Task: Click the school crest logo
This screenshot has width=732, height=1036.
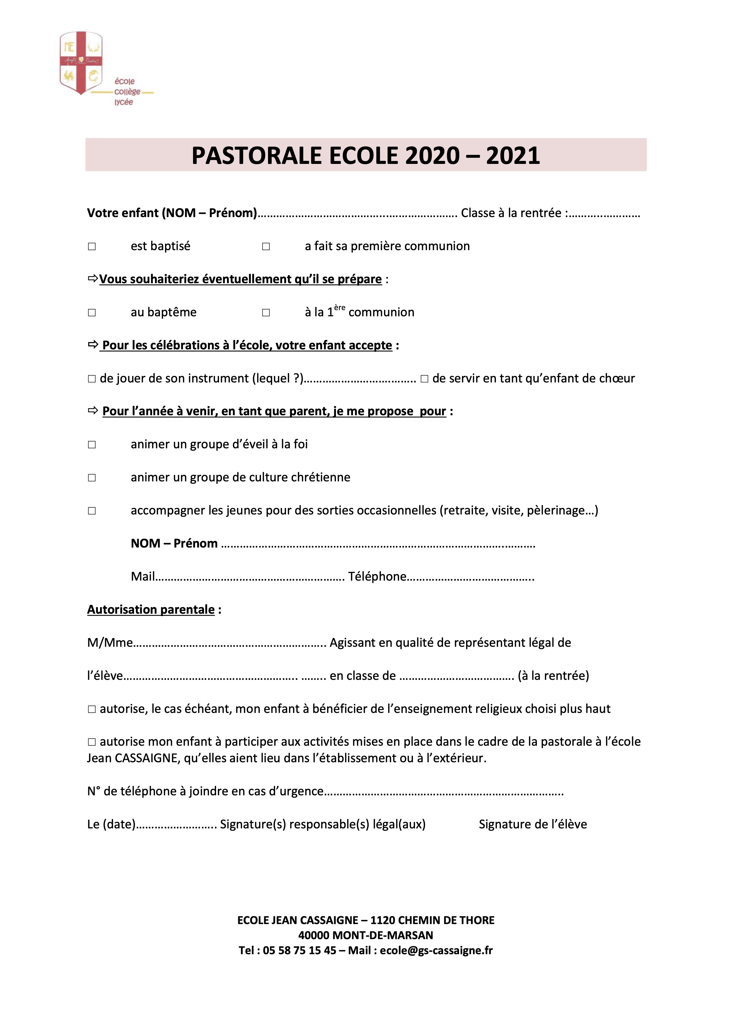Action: (x=81, y=63)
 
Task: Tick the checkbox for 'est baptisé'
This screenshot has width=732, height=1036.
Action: (x=91, y=246)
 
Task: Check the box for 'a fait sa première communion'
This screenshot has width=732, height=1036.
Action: (x=266, y=246)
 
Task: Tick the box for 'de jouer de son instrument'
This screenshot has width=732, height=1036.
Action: (x=91, y=379)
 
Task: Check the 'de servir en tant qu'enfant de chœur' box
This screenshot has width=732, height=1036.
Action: (x=424, y=379)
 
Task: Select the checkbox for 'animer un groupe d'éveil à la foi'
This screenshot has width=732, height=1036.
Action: (x=91, y=445)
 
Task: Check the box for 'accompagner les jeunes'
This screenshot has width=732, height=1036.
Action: (x=91, y=511)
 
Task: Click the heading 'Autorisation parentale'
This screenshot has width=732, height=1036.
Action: (x=151, y=610)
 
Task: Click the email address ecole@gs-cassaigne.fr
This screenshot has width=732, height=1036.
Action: (x=436, y=950)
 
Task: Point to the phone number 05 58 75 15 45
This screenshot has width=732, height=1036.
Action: (x=300, y=950)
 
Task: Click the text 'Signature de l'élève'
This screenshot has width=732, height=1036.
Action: (x=533, y=824)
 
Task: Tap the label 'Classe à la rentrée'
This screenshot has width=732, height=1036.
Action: (x=511, y=213)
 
